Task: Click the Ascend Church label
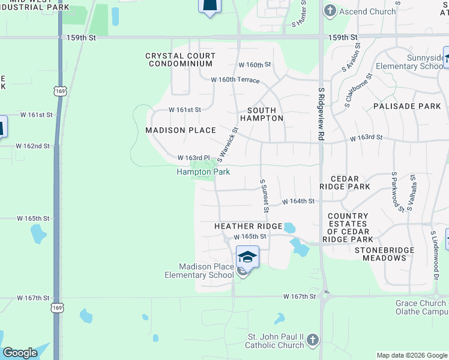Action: [x=367, y=11]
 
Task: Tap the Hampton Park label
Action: [x=203, y=172]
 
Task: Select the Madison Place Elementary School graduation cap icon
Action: [x=247, y=257]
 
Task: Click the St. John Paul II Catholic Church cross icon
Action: [x=312, y=341]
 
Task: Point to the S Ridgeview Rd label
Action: [x=321, y=114]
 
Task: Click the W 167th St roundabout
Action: [x=326, y=295]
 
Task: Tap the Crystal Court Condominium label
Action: [x=180, y=59]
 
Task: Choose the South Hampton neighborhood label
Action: [x=262, y=114]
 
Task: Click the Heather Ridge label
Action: [x=249, y=226]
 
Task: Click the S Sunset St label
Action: [x=263, y=196]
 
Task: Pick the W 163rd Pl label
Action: [x=193, y=158]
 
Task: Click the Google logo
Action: [x=20, y=353]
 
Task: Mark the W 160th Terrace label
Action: [x=235, y=80]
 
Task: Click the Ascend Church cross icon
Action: [x=330, y=11]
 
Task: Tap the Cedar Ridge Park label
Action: [x=350, y=183]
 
